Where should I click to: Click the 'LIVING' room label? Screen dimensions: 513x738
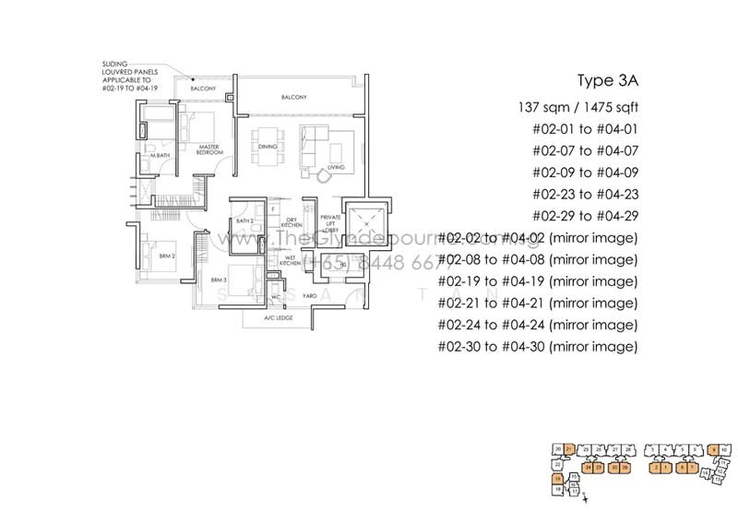(336, 167)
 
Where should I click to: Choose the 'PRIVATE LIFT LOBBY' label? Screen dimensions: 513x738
(329, 226)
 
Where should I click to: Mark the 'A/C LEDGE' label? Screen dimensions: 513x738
(278, 318)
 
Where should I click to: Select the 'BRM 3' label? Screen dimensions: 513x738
(218, 279)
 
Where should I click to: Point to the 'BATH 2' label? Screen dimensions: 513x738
(244, 221)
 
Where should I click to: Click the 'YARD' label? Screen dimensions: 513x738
(309, 296)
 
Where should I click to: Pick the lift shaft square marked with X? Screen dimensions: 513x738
(367, 222)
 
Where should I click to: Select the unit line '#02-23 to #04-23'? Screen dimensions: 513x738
(585, 194)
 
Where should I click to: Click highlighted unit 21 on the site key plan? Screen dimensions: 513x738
(569, 448)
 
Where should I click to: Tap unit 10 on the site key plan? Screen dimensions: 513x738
(726, 449)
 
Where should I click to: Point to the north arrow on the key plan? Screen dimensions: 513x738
(597, 497)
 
